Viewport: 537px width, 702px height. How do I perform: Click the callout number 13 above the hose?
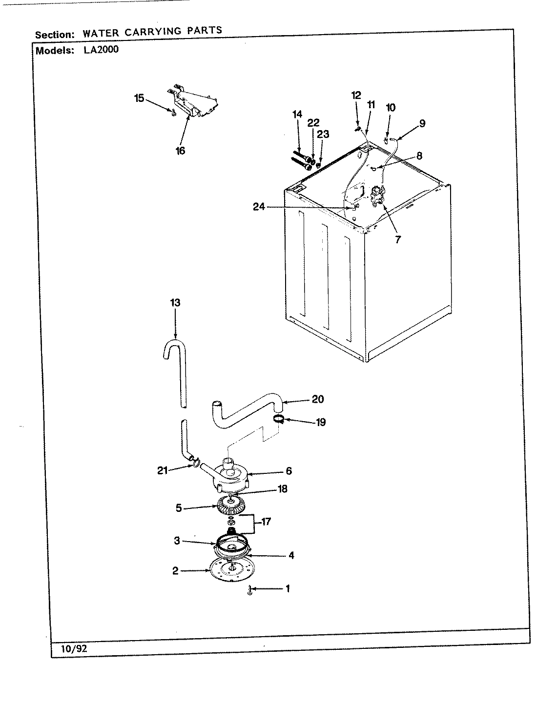tap(175, 303)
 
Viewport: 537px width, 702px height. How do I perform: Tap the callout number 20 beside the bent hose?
tap(317, 399)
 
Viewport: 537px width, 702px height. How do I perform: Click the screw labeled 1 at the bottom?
tap(250, 590)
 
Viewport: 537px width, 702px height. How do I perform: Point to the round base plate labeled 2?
tap(229, 570)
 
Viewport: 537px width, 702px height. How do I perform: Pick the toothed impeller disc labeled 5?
tap(232, 509)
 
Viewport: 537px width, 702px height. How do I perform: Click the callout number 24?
tap(259, 207)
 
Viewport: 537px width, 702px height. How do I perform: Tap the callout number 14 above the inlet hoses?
tap(297, 115)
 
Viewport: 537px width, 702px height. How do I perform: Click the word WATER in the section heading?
tap(100, 33)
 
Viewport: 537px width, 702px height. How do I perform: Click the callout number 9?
tap(422, 123)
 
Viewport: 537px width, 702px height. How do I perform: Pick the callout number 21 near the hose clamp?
tap(163, 470)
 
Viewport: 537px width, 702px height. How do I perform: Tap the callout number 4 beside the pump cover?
tap(291, 555)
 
